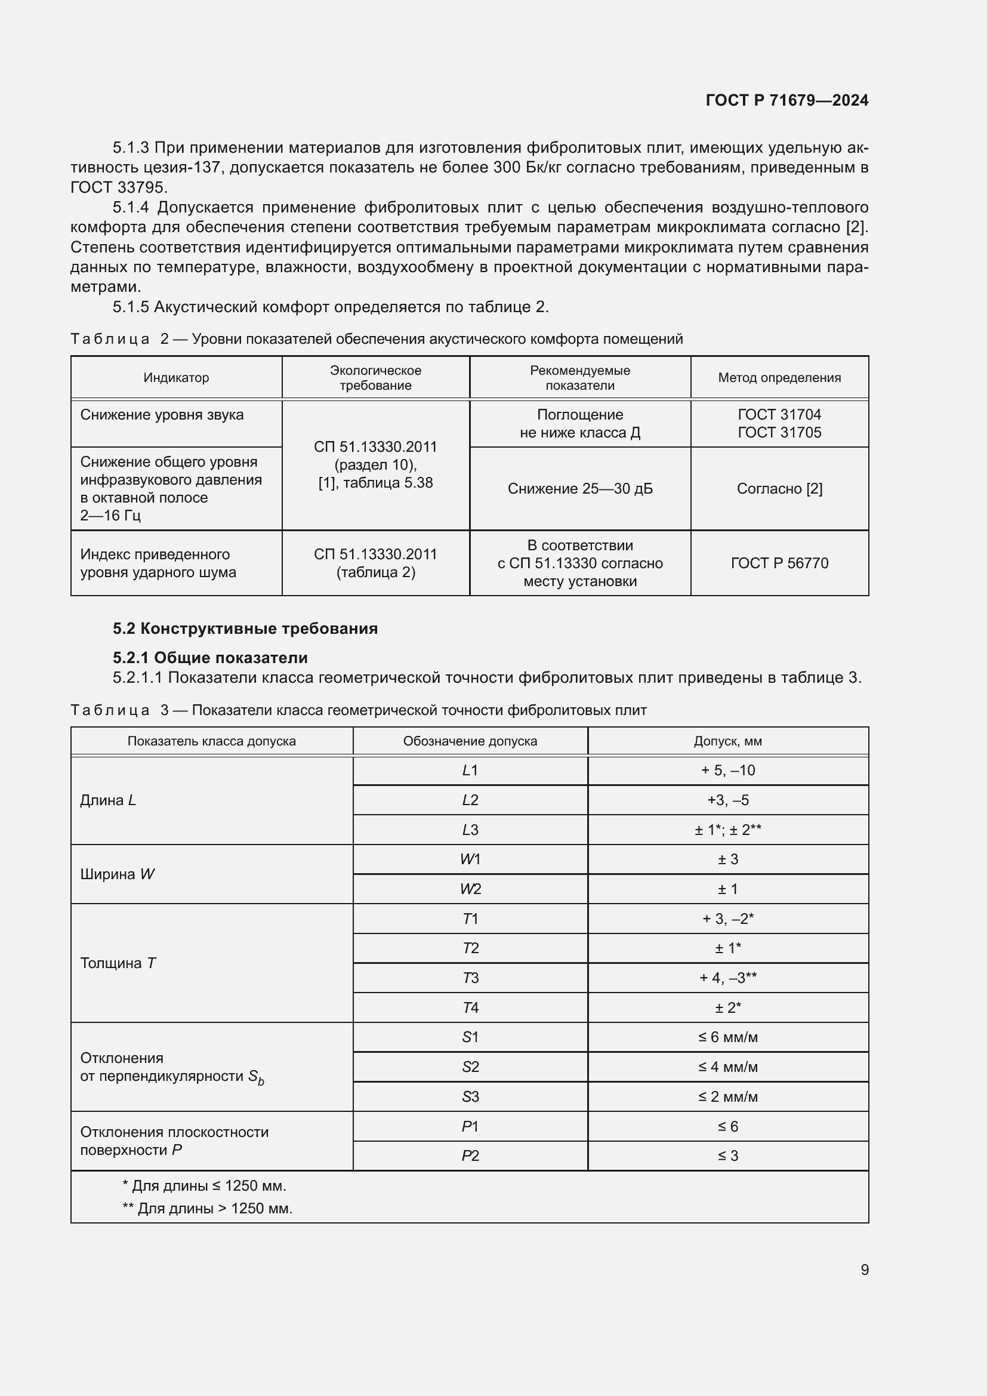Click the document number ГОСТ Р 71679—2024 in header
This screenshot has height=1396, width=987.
click(x=786, y=100)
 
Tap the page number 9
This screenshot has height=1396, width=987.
click(x=864, y=1269)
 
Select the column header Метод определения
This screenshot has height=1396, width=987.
click(x=779, y=378)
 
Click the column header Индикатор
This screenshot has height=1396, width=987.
click(x=176, y=378)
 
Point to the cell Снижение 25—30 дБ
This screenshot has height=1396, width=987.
click(x=580, y=489)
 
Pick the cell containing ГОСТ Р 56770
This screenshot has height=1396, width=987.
click(x=779, y=563)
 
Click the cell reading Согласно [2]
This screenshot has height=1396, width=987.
click(x=779, y=489)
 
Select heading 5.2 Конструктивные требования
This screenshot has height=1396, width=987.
click(x=245, y=628)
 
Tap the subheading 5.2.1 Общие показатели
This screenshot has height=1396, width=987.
click(x=210, y=658)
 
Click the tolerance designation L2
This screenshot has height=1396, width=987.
click(x=470, y=800)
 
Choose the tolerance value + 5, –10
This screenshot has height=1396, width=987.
click(x=727, y=771)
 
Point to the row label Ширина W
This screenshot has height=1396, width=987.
click(x=118, y=874)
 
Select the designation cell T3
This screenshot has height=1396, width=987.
click(x=470, y=978)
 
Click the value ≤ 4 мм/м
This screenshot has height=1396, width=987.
click(x=727, y=1067)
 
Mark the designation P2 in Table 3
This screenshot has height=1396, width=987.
click(x=470, y=1156)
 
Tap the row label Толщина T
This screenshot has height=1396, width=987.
click(x=118, y=963)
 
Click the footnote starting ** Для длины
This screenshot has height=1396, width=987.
click(x=207, y=1208)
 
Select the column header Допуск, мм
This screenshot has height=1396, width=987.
click(x=727, y=741)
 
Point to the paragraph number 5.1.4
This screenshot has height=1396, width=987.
click(x=131, y=208)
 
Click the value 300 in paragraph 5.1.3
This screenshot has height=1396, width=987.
click(x=506, y=167)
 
